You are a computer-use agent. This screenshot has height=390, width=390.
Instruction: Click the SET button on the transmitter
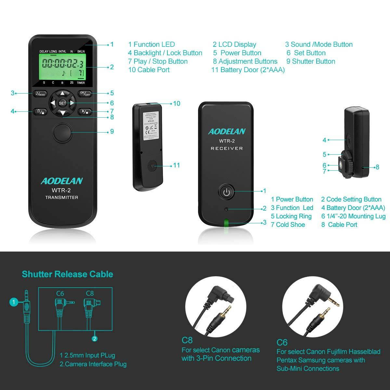point(62,103)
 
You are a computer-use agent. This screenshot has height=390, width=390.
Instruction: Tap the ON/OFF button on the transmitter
point(85,94)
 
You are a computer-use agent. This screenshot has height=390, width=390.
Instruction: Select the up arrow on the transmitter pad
point(62,93)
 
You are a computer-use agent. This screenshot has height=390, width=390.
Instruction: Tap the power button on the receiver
point(227,192)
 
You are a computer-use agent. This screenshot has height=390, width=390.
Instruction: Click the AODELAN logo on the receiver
point(227,132)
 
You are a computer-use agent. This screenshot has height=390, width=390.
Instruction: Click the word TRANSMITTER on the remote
point(61,197)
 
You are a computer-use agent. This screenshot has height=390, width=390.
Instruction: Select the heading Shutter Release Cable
point(68,274)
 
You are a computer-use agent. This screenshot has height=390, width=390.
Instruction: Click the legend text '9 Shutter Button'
point(311,61)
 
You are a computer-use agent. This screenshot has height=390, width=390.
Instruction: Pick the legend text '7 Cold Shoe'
point(288,225)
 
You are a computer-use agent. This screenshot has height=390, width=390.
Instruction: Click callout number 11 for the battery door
point(176,165)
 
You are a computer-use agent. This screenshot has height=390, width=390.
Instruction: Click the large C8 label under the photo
point(187,340)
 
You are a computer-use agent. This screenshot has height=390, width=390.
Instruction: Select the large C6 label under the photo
point(282,342)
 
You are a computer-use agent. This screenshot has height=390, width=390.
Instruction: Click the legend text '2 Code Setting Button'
point(351,199)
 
